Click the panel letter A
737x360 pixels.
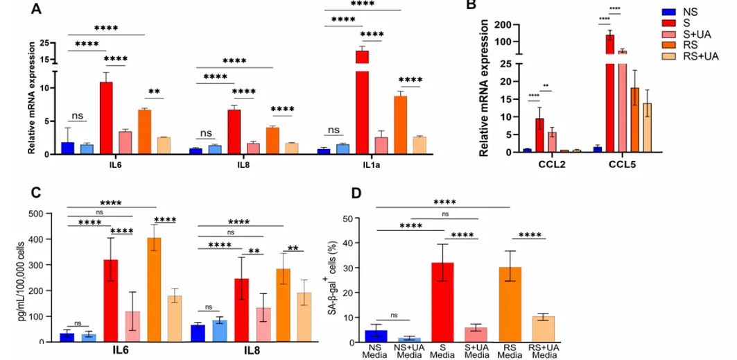click(35, 9)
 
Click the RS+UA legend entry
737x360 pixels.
click(670, 56)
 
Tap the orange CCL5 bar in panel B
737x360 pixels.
click(634, 119)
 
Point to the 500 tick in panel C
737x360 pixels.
click(44, 213)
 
